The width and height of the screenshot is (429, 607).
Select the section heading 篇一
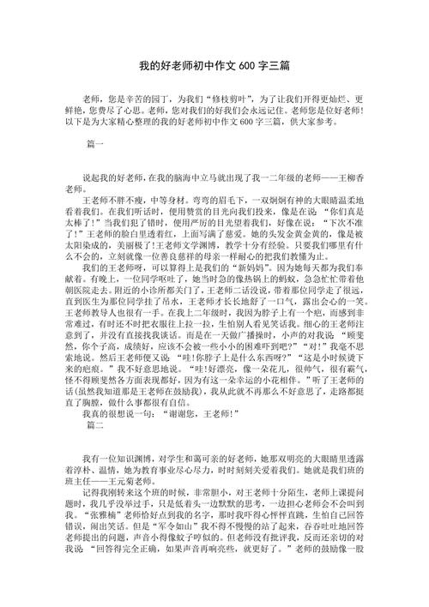coord(95,146)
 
